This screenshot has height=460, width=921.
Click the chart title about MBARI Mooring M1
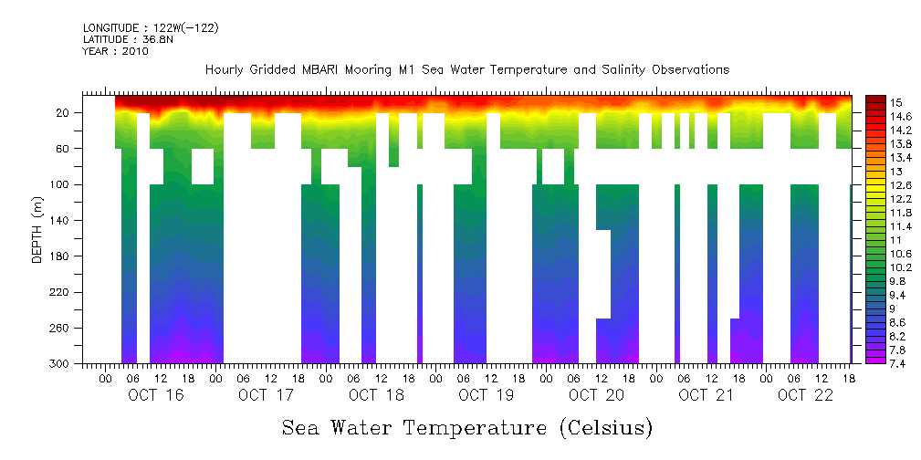click(x=466, y=70)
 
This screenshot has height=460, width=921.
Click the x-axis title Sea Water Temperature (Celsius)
click(x=466, y=427)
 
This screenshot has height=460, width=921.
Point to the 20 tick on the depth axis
click(x=64, y=112)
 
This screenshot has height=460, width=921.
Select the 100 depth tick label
click(x=61, y=184)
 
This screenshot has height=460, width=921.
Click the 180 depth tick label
click(x=61, y=256)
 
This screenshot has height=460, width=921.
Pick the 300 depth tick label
click(x=61, y=364)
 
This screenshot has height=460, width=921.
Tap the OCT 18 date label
click(x=376, y=395)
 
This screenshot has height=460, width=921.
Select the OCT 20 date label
click(x=596, y=395)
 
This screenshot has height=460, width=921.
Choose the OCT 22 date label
click(x=804, y=395)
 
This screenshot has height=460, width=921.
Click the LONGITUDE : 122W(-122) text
click(x=151, y=28)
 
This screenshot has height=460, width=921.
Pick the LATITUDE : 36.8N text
click(x=130, y=39)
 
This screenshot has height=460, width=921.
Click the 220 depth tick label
click(x=61, y=292)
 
